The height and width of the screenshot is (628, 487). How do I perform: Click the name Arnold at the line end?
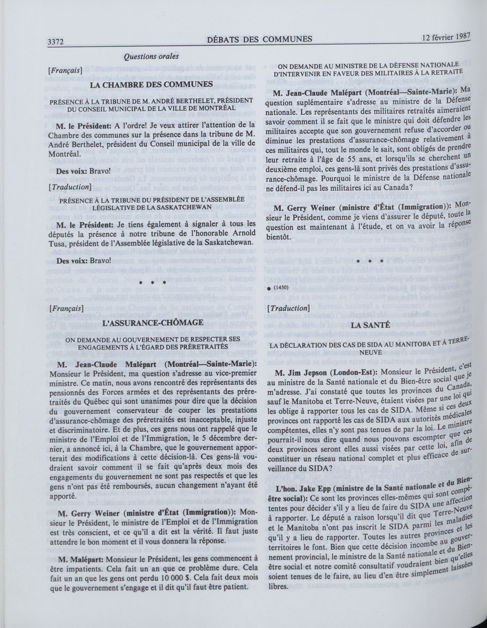click(x=242, y=233)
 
